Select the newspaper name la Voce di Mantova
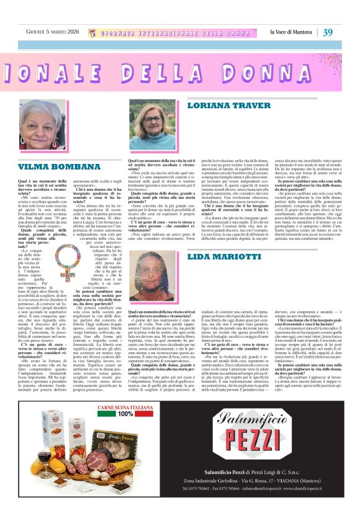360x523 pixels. coord(292,32)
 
